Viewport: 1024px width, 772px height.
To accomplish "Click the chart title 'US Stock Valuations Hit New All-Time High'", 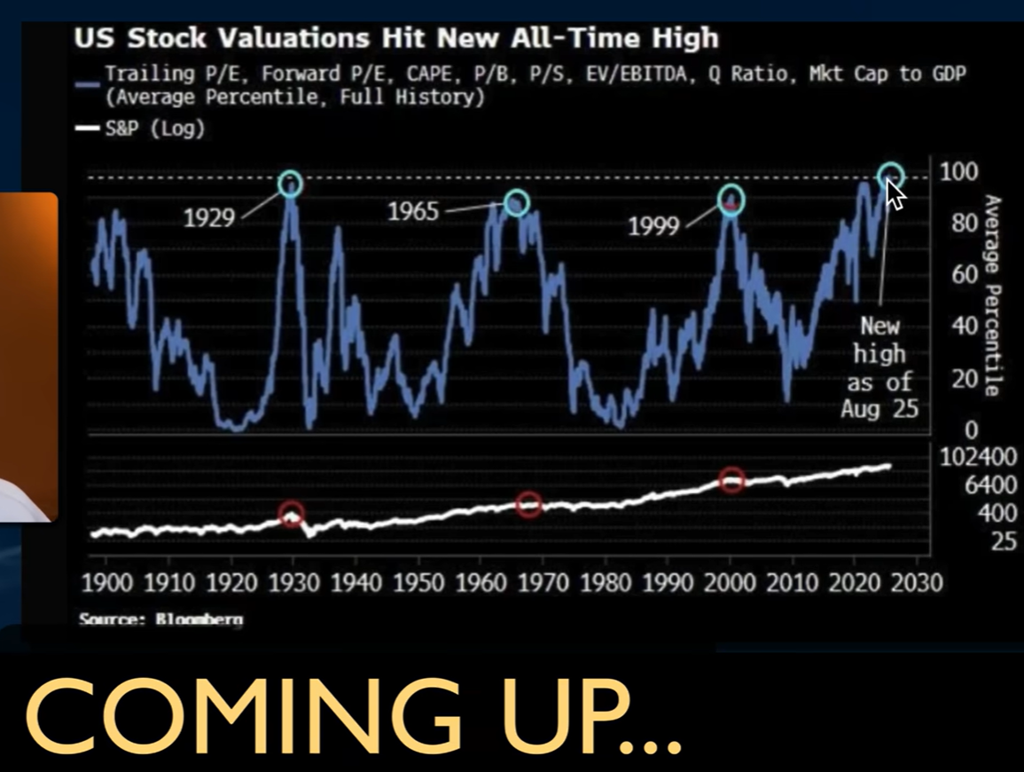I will click(395, 38).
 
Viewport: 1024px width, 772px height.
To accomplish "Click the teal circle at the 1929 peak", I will click(290, 184).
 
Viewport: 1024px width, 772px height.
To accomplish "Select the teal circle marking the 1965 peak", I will click(516, 202).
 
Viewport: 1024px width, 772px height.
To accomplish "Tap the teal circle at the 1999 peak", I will click(731, 200).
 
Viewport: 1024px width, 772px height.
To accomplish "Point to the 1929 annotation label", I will click(209, 217).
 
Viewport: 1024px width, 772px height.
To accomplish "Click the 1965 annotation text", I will click(413, 212).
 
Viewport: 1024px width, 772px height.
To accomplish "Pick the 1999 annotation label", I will click(653, 226).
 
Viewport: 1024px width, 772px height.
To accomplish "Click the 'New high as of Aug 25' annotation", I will click(879, 367).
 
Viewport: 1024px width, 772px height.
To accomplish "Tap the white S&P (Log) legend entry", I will click(141, 129).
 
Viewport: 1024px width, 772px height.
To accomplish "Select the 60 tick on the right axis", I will click(965, 275).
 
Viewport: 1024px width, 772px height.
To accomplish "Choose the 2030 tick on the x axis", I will click(917, 583).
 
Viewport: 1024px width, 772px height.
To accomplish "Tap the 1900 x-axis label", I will click(106, 583).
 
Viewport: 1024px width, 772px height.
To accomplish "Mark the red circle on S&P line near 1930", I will click(292, 514).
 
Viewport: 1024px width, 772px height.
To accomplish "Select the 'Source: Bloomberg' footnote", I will click(160, 618).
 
